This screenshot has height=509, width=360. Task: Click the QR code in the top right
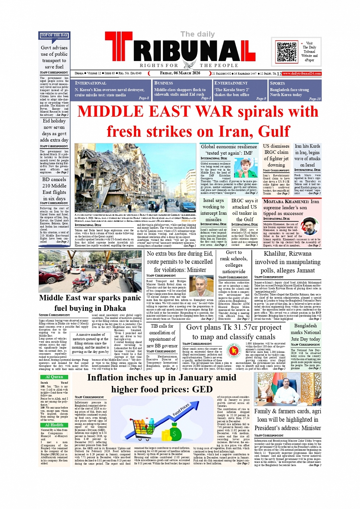tap(286, 52)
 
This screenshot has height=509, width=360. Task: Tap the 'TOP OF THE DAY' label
tap(54, 35)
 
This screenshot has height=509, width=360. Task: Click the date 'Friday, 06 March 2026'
tap(180, 73)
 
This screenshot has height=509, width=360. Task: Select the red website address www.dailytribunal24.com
tap(302, 74)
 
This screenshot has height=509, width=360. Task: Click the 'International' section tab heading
tap(91, 83)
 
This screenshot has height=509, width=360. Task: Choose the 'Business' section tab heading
tap(163, 83)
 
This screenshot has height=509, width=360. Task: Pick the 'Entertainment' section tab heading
tap(231, 83)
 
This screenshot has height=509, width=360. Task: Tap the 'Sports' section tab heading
tap(277, 83)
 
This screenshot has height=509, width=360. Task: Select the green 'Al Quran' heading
tap(54, 377)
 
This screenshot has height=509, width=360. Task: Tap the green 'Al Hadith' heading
tap(54, 425)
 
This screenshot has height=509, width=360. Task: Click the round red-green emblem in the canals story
tap(233, 349)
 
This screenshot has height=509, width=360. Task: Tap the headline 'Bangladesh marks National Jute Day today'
tap(306, 332)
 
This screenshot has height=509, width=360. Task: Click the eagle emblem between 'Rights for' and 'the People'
tap(189, 64)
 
